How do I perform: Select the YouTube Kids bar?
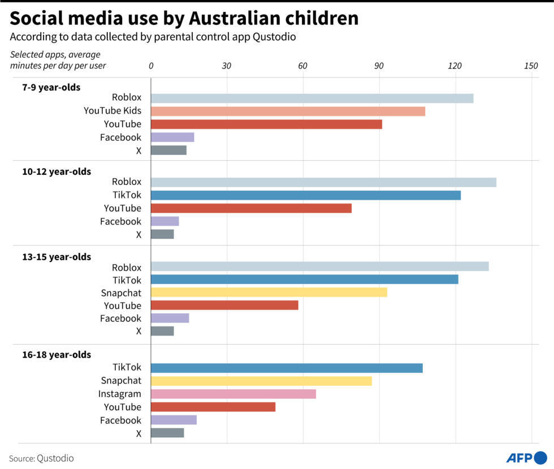[x=288, y=111]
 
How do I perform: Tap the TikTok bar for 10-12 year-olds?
[x=306, y=195]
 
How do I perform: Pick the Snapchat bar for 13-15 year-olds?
[x=269, y=292]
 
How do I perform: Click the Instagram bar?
[x=233, y=394]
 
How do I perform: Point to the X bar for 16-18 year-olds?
[x=167, y=433]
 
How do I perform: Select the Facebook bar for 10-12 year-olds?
[x=165, y=221]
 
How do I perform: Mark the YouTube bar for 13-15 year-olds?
[x=224, y=306]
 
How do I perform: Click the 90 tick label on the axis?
[x=379, y=66]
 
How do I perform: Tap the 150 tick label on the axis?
[x=531, y=66]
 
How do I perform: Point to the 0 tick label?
[x=151, y=66]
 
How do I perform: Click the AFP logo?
[x=526, y=457]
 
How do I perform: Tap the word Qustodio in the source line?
[x=55, y=458]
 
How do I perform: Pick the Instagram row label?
[x=120, y=394]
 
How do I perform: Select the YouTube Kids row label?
[x=112, y=111]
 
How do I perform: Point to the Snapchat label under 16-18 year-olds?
[x=121, y=381]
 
